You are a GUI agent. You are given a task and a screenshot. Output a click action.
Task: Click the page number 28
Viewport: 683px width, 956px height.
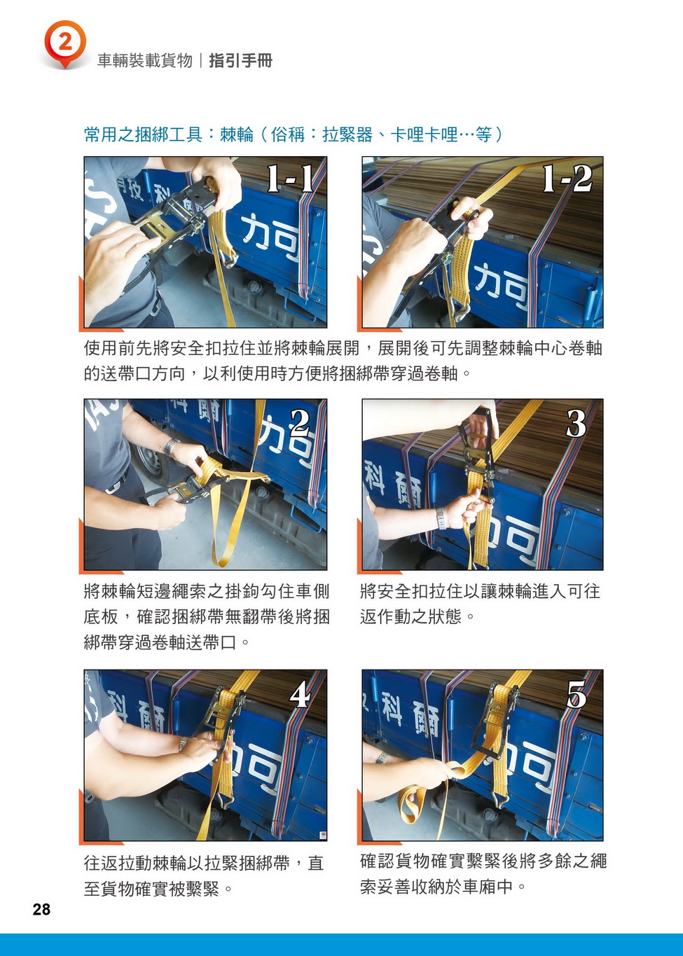pyautogui.click(x=41, y=909)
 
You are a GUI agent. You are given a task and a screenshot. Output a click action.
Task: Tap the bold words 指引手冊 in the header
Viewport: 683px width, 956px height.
pyautogui.click(x=240, y=61)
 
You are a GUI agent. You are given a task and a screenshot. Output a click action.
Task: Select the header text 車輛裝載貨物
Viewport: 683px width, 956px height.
pyautogui.click(x=145, y=61)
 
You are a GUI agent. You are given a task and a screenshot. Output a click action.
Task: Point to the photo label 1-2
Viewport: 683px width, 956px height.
pyautogui.click(x=567, y=179)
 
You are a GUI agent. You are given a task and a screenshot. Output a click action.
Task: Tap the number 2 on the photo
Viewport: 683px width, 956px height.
pyautogui.click(x=300, y=423)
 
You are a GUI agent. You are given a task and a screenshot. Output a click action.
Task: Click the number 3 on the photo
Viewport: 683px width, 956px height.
pyautogui.click(x=576, y=423)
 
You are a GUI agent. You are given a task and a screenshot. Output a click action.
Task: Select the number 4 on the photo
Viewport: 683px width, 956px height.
pyautogui.click(x=300, y=694)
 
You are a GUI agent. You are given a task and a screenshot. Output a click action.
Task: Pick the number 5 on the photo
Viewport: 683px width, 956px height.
pyautogui.click(x=577, y=694)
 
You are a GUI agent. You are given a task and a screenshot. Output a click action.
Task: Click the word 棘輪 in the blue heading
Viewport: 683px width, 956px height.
pyautogui.click(x=237, y=135)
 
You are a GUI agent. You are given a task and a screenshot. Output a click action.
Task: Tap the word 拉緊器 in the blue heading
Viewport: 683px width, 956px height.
pyautogui.click(x=347, y=135)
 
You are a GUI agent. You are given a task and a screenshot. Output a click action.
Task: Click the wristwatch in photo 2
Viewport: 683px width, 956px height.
pyautogui.click(x=172, y=446)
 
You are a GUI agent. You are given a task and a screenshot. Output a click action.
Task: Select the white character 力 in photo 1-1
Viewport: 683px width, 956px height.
pyautogui.click(x=257, y=233)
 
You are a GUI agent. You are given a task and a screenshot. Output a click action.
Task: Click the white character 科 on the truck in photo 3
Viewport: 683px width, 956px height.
pyautogui.click(x=375, y=480)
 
